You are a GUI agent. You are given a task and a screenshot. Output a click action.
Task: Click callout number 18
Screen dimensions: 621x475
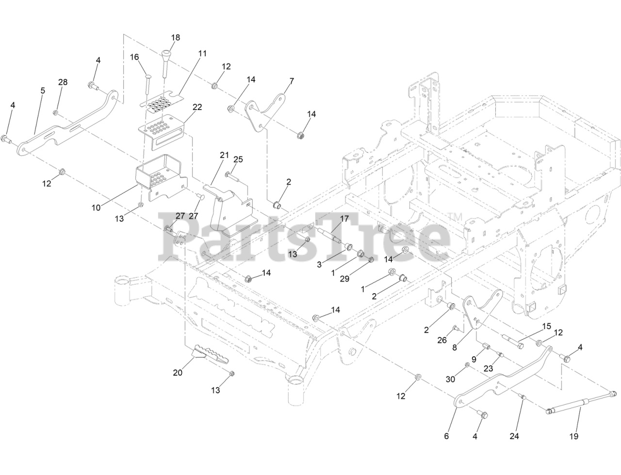pos(175,37)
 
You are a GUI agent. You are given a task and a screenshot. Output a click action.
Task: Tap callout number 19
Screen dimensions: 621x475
pos(573,436)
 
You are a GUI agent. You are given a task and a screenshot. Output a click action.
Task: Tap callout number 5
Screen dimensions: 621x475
pos(43,91)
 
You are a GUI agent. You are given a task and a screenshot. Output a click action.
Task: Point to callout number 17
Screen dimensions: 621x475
pos(344,219)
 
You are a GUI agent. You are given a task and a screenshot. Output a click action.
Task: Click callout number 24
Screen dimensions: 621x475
pos(514,436)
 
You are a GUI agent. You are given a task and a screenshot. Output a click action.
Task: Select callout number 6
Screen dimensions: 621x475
pos(446,436)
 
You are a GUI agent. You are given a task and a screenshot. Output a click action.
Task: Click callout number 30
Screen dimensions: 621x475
pos(451,380)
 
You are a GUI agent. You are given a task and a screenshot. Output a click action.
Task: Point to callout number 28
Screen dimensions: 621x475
pos(63,82)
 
